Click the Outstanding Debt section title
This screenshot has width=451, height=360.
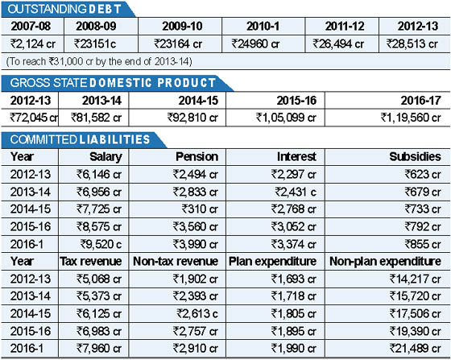[x=64, y=9]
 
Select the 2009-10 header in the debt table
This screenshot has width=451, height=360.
[x=182, y=26]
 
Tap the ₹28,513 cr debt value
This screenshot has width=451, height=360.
[x=412, y=44]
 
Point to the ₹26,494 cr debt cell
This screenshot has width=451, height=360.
[x=338, y=44]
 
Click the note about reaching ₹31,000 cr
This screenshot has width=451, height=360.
[x=99, y=61]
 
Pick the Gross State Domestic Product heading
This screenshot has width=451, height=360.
[x=113, y=83]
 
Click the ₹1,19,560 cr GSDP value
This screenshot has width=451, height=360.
[x=411, y=118]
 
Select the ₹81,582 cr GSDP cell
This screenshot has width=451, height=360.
[x=96, y=118]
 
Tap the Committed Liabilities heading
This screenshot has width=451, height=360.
[x=80, y=139]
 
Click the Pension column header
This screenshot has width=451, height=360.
[x=197, y=157]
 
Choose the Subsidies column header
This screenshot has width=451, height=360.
[x=415, y=157]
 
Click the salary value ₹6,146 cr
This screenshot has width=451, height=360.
[x=98, y=174]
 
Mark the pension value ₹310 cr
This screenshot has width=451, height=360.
[x=200, y=209]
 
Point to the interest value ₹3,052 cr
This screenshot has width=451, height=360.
[x=294, y=226]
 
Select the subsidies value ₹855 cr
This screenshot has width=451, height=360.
[x=423, y=244]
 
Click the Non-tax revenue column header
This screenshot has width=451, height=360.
[x=176, y=262]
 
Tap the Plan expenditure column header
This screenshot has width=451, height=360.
[x=272, y=262]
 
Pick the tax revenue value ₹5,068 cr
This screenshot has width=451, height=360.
[x=98, y=279]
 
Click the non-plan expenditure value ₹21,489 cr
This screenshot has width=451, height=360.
[x=415, y=349]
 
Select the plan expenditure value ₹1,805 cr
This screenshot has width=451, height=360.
[x=294, y=314]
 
